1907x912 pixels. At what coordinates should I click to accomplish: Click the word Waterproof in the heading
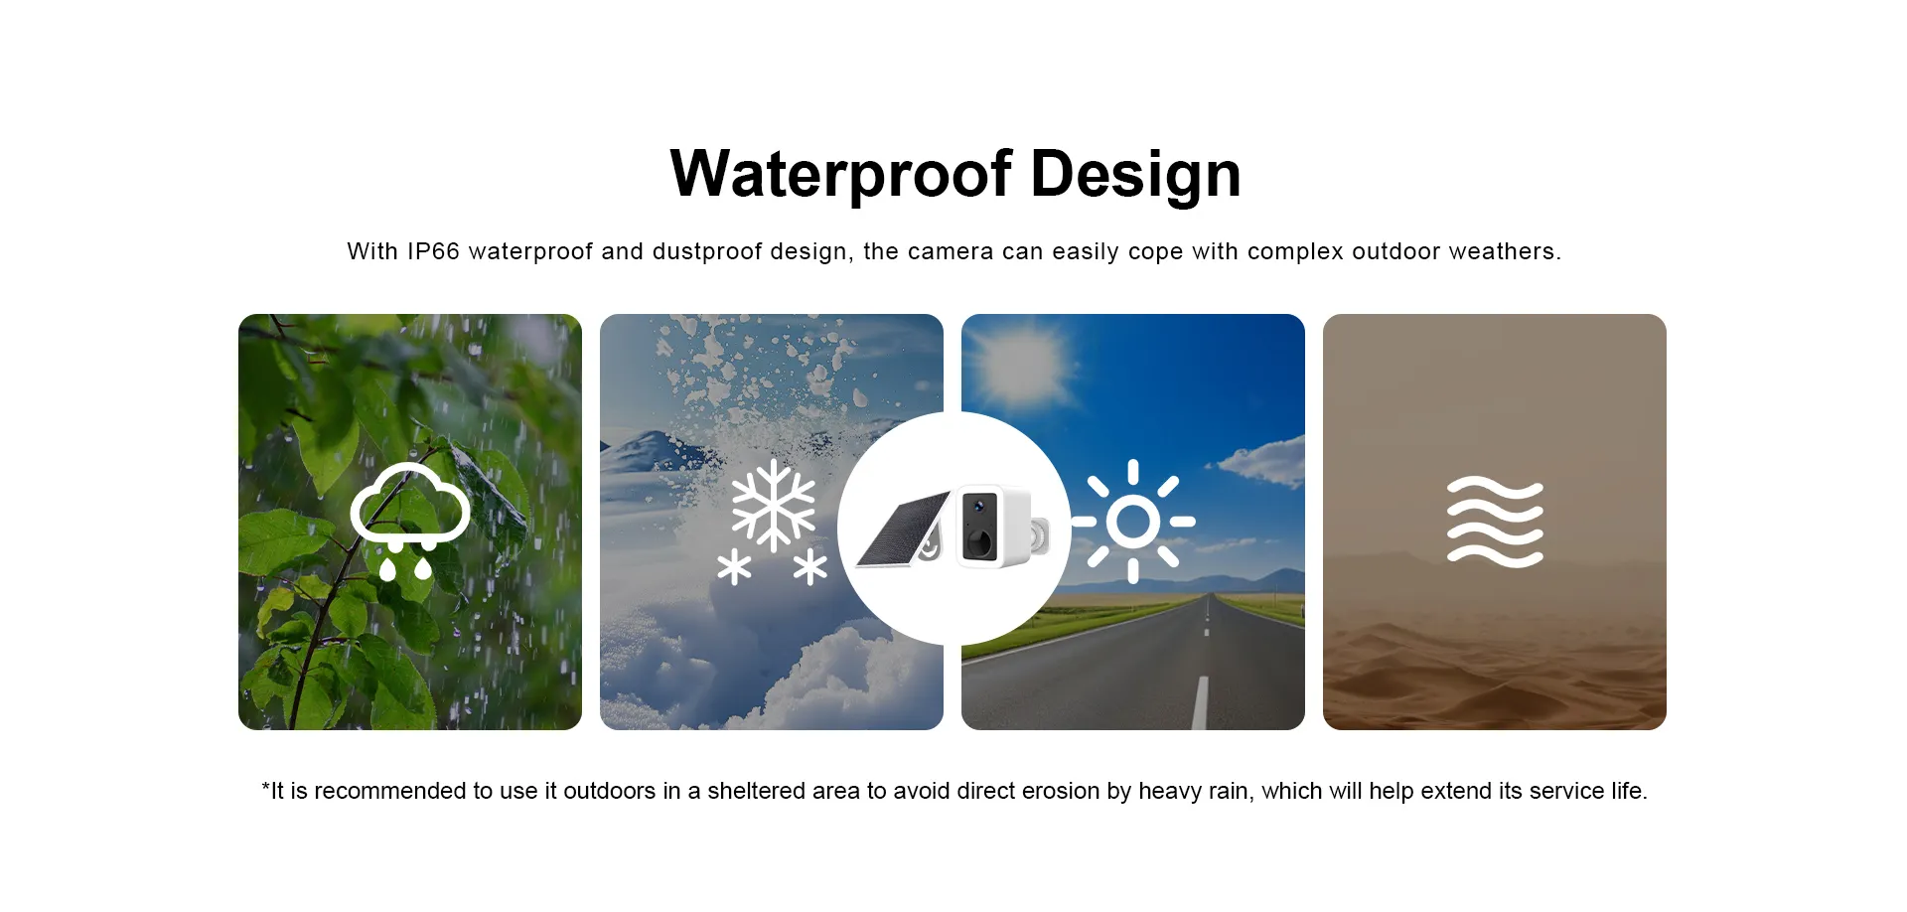(841, 175)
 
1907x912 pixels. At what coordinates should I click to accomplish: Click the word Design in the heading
(1135, 175)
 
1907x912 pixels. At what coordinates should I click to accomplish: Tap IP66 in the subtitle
(433, 251)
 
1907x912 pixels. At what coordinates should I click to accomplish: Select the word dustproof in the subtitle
(707, 251)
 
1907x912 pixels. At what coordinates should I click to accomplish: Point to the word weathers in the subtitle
(1505, 251)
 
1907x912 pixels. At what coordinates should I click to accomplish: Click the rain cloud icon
(409, 520)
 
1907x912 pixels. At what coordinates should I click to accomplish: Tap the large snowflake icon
(774, 506)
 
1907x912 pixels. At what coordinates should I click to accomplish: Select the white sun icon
(1133, 521)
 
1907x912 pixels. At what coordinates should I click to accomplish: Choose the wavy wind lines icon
(1495, 522)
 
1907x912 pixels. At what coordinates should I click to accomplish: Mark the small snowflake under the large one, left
(734, 568)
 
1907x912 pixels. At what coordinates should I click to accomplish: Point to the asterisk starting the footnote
(265, 786)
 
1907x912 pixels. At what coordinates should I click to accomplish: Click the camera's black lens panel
(980, 528)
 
